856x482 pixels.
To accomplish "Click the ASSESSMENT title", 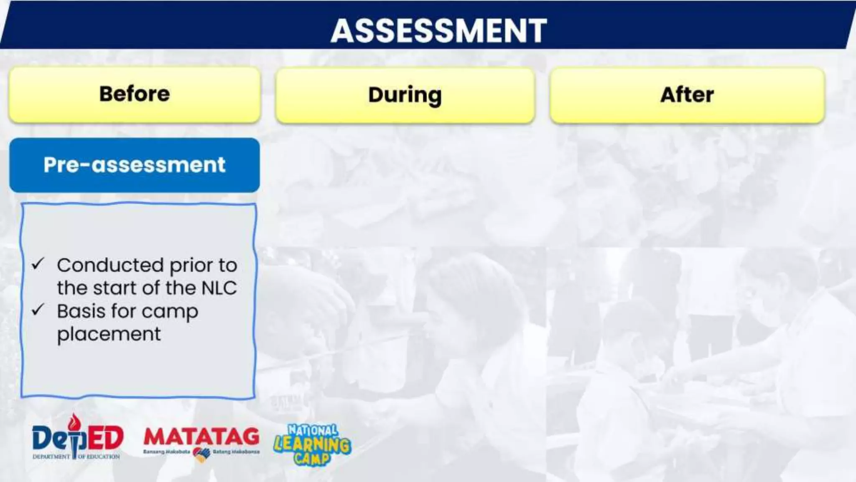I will tap(438, 31).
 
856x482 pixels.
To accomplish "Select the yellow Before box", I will tap(135, 95).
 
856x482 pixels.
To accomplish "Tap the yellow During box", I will tap(405, 95).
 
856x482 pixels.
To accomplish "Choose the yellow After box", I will tap(687, 95).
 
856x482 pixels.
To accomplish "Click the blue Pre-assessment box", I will tap(135, 165).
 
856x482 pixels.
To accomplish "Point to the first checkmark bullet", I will tap(38, 264).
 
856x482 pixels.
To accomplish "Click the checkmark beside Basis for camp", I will tap(38, 310).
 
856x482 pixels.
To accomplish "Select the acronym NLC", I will tap(219, 288).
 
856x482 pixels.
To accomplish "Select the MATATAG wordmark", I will tap(201, 437).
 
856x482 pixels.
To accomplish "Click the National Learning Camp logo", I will tap(312, 444).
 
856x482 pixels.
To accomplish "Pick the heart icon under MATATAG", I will tap(201, 454).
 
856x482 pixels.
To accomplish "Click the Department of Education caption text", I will tap(76, 456).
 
